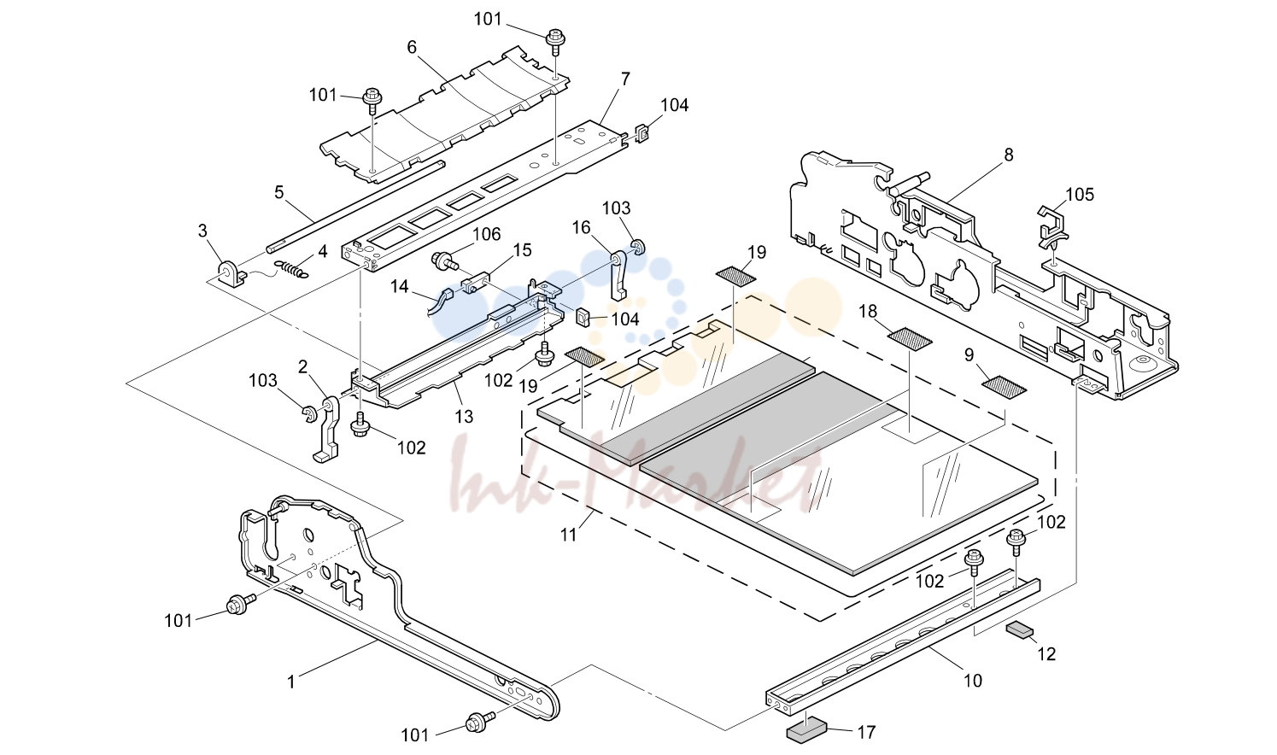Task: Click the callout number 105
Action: tap(1080, 195)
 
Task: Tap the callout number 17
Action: tap(866, 732)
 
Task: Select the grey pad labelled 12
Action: tap(1020, 631)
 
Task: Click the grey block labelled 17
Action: tap(806, 732)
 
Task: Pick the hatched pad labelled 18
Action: tap(910, 337)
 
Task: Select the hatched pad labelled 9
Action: tap(1004, 386)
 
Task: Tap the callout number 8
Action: tap(1009, 155)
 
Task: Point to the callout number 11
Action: tap(568, 535)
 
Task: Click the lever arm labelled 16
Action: tap(619, 275)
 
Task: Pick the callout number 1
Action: tap(291, 682)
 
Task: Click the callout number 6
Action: tap(412, 47)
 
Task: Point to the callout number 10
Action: tap(973, 681)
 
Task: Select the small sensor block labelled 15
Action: tap(476, 284)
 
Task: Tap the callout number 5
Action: tap(278, 192)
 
